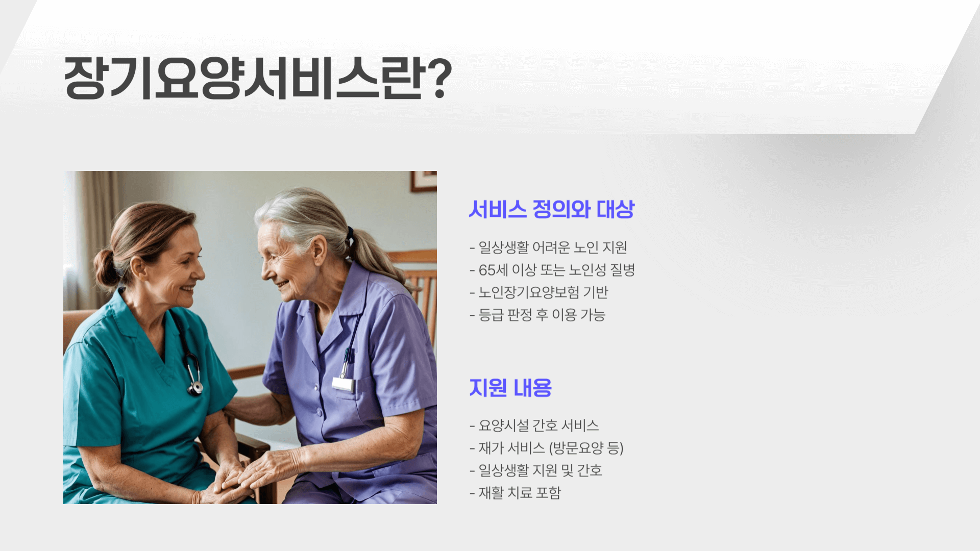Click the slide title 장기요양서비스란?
[x=258, y=78]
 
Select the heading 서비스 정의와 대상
[x=551, y=209]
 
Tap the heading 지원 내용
[x=510, y=388]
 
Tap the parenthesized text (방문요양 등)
[x=586, y=448]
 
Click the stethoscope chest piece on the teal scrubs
[x=195, y=387]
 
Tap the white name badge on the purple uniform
[x=343, y=384]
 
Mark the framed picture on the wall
[x=424, y=181]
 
